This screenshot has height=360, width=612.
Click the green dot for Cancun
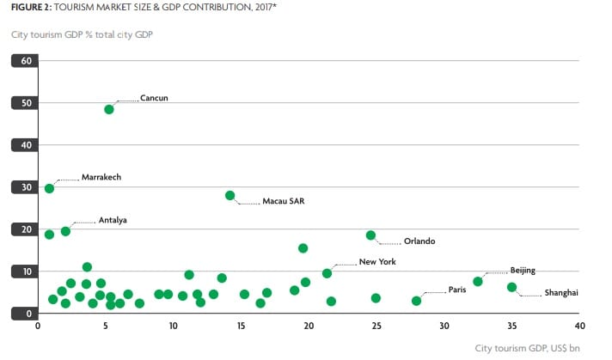click(109, 109)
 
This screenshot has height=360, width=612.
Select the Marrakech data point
click(49, 188)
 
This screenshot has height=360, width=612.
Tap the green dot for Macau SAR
click(229, 195)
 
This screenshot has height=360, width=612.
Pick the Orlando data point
click(370, 235)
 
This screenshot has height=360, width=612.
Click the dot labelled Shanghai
click(511, 287)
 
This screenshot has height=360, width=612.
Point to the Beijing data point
click(478, 281)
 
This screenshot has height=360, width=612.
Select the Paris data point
click(417, 301)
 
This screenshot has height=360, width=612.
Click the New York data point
click(327, 273)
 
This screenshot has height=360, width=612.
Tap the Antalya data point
click(65, 231)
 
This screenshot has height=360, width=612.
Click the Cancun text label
click(154, 98)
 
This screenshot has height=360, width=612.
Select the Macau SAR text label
click(283, 202)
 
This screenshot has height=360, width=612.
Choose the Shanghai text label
click(561, 293)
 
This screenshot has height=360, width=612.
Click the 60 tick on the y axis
click(26, 61)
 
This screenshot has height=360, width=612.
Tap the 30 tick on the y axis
click(26, 187)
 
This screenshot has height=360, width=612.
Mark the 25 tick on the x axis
click(376, 326)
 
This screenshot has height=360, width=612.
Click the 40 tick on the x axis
click(579, 326)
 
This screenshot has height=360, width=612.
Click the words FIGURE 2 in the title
click(28, 6)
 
